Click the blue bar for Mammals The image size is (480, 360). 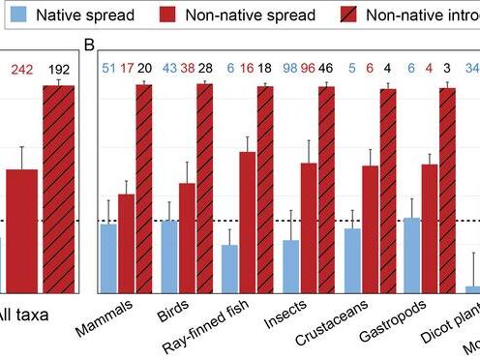click(x=108, y=257)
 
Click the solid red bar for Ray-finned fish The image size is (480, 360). click(x=247, y=222)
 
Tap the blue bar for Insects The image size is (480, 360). click(x=289, y=266)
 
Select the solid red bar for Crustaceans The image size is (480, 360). click(x=369, y=228)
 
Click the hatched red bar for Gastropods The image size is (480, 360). click(x=448, y=190)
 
